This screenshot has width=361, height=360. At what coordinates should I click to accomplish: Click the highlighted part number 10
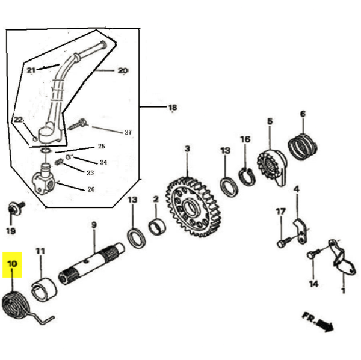13,264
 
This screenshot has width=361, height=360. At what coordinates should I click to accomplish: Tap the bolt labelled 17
283,242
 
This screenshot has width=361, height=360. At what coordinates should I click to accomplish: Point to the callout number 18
173,108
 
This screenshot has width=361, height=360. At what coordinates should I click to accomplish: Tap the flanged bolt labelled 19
14,209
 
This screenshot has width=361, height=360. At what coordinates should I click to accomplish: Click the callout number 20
123,70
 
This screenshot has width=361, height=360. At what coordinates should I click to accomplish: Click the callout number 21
31,70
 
